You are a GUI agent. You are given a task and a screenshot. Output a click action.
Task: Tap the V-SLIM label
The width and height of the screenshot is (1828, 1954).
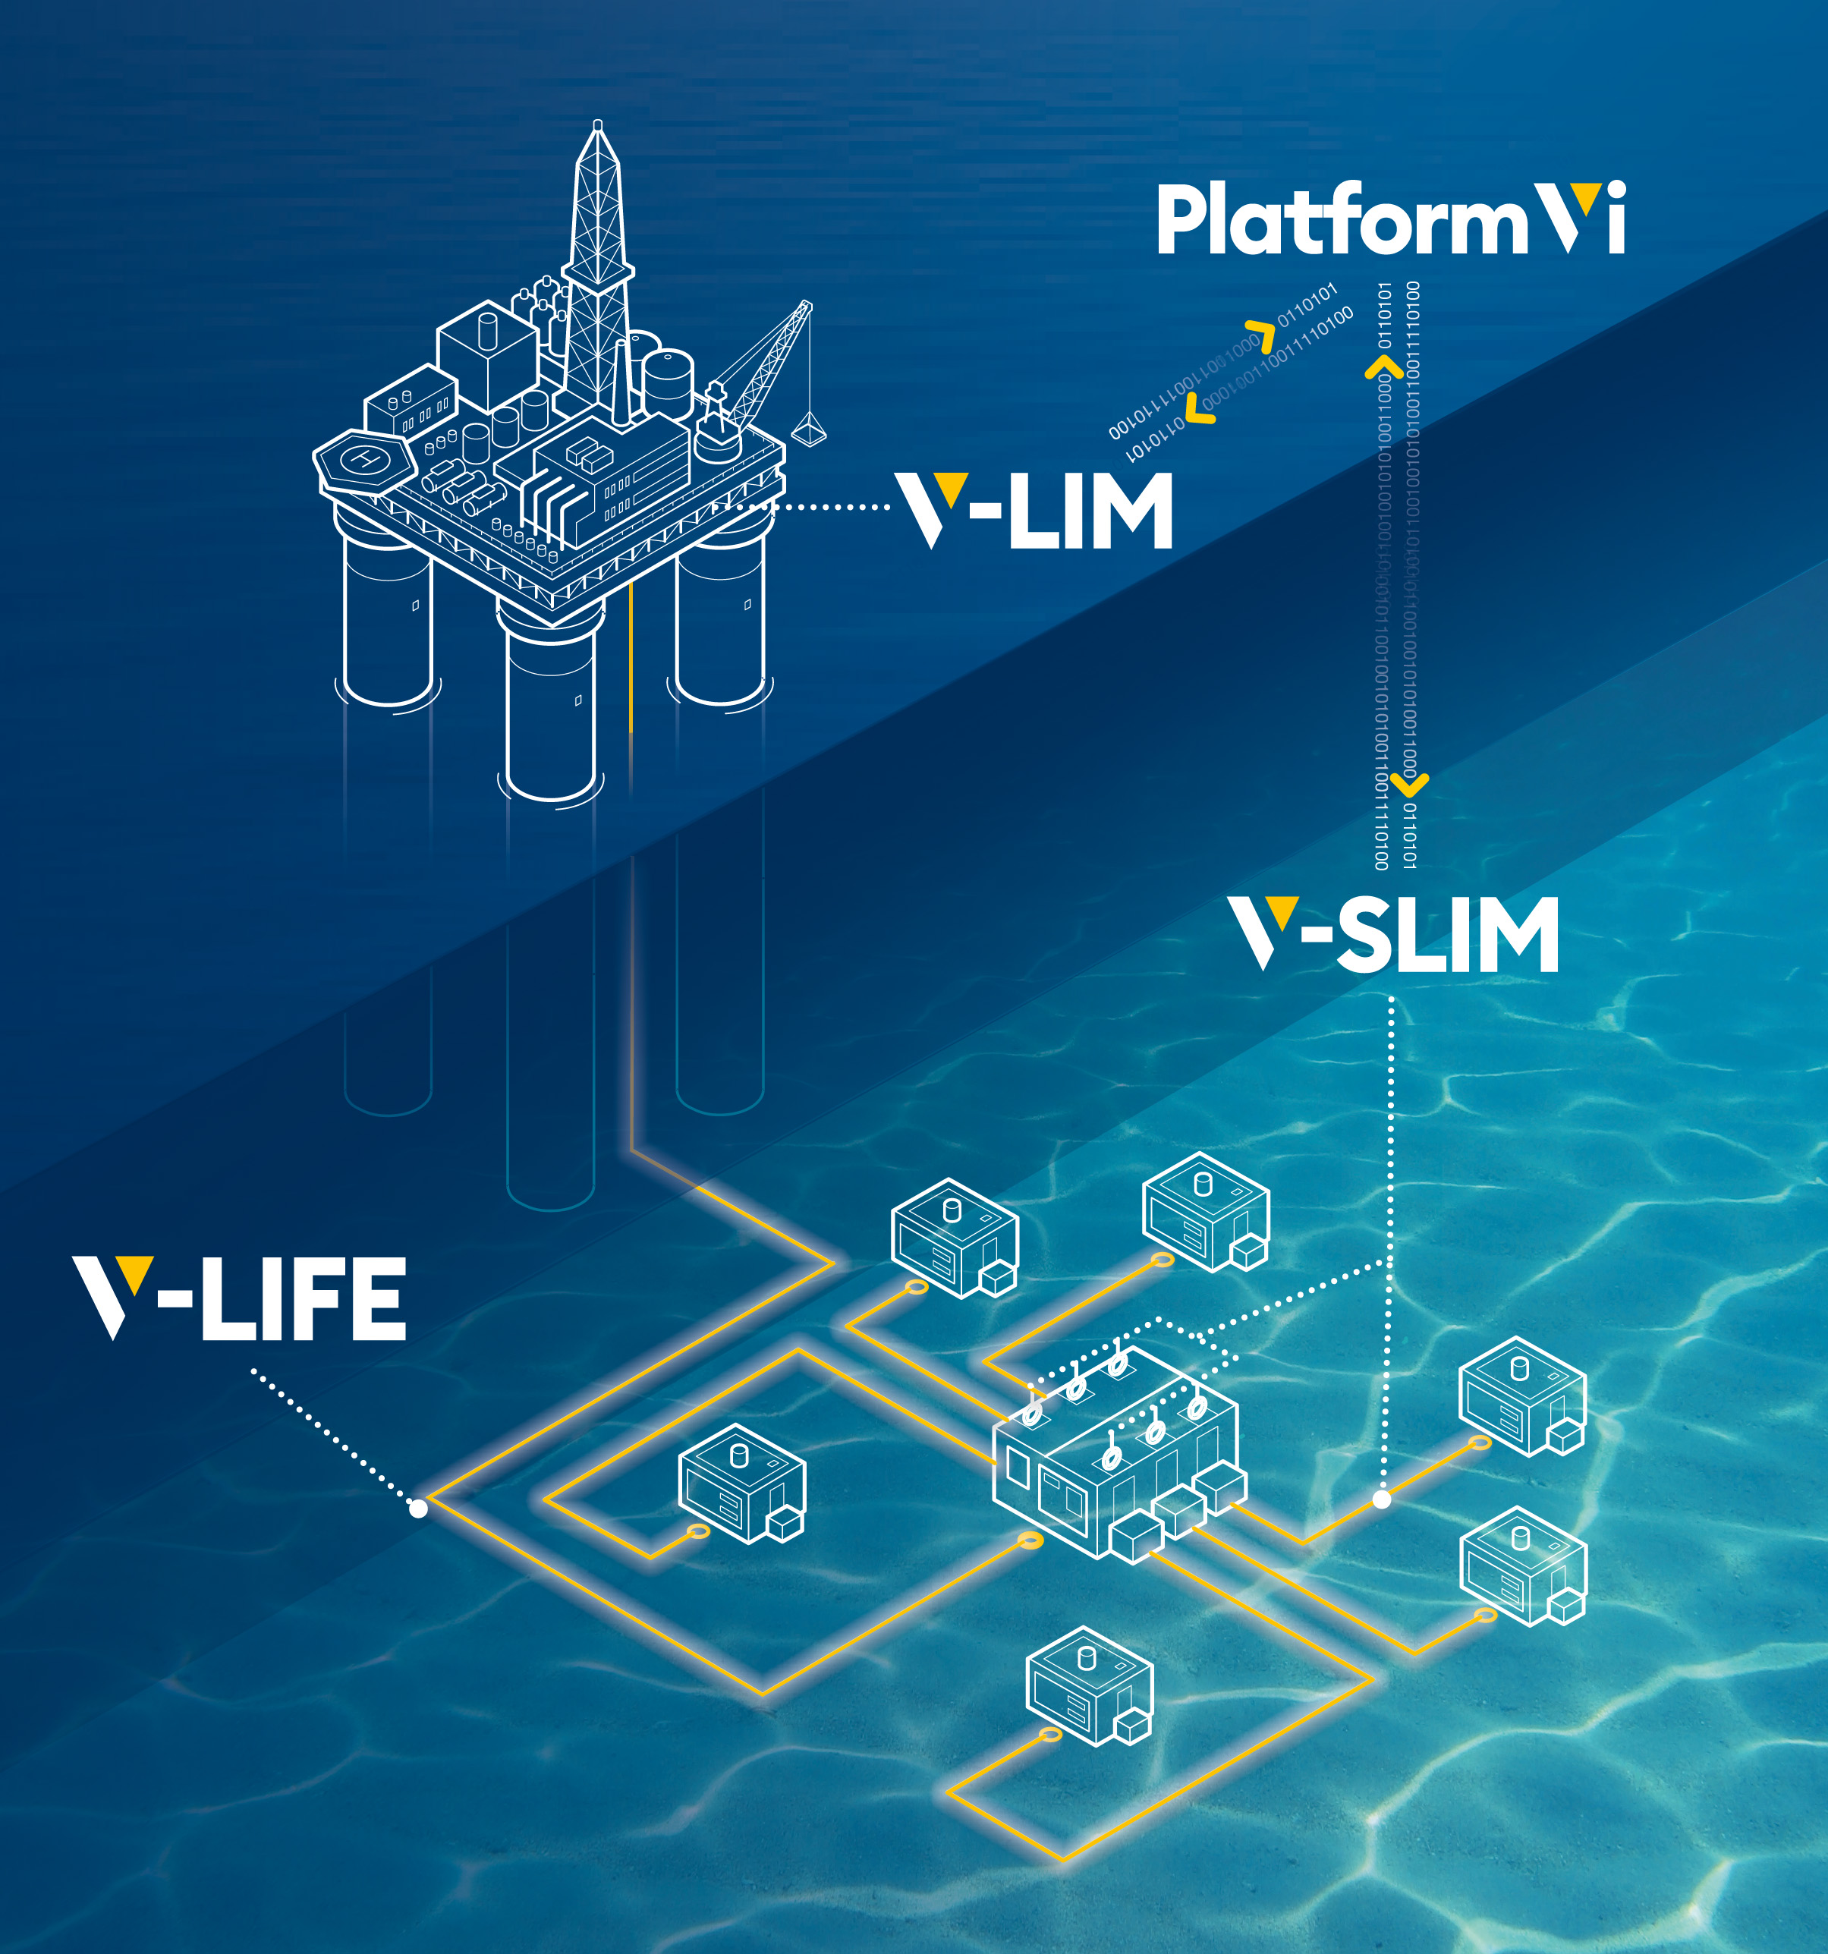click(1394, 934)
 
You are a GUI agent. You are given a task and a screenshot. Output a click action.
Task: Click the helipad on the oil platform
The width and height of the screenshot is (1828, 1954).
click(363, 458)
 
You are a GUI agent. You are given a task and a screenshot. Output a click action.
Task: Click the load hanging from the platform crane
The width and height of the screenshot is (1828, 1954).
click(809, 430)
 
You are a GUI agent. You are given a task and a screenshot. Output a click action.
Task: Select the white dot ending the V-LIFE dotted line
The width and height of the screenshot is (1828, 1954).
click(419, 1508)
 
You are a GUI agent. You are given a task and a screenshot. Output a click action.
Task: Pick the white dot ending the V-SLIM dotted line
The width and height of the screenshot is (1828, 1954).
click(1382, 1499)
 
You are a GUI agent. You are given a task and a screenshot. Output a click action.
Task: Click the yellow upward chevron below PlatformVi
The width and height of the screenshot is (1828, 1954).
click(1384, 367)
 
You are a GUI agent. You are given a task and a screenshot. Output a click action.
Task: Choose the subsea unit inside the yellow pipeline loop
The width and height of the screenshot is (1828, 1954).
click(742, 1484)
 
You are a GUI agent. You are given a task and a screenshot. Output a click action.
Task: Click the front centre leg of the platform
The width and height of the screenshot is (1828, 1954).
click(550, 713)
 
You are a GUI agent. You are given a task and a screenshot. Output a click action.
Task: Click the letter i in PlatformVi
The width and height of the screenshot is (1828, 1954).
click(1615, 219)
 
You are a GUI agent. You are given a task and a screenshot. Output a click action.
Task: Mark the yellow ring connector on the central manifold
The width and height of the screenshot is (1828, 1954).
click(1030, 1540)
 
